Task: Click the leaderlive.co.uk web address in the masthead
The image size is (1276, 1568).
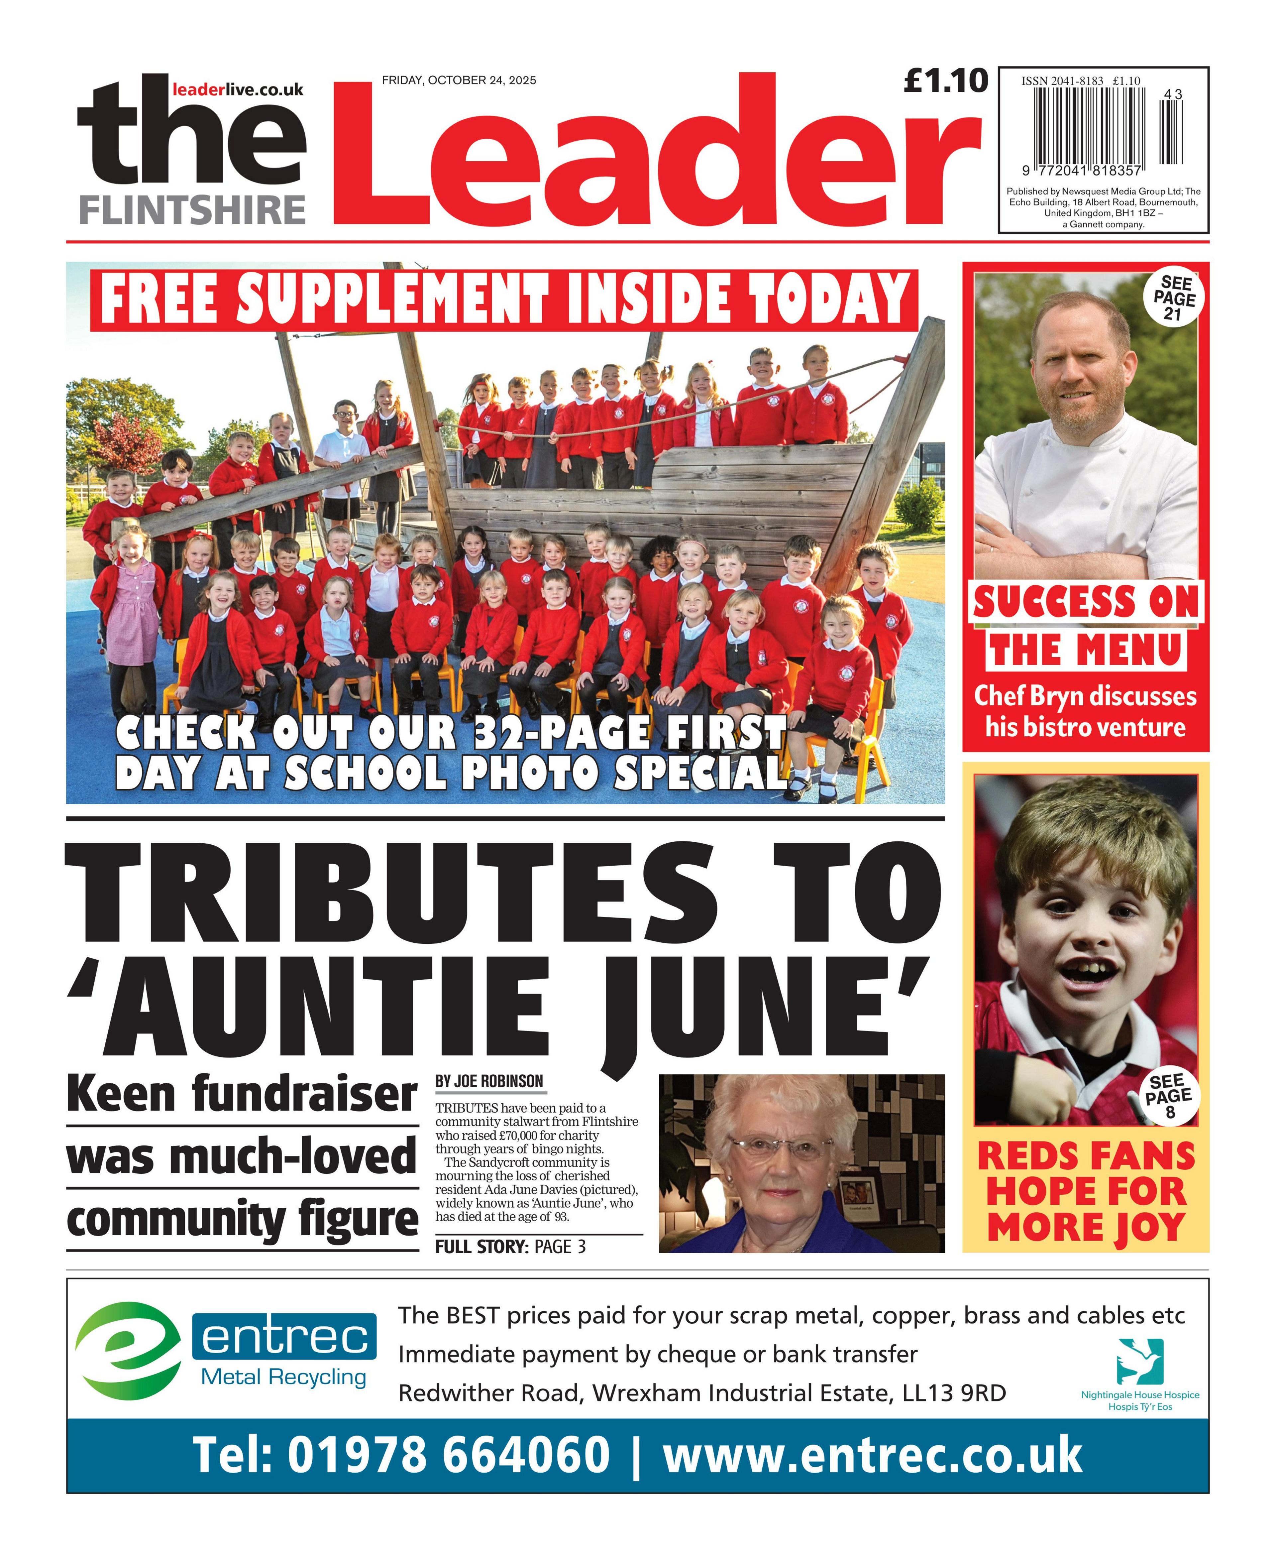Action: click(237, 90)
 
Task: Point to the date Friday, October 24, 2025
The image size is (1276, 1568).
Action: click(459, 80)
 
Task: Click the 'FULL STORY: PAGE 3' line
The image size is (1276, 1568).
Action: click(510, 1246)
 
